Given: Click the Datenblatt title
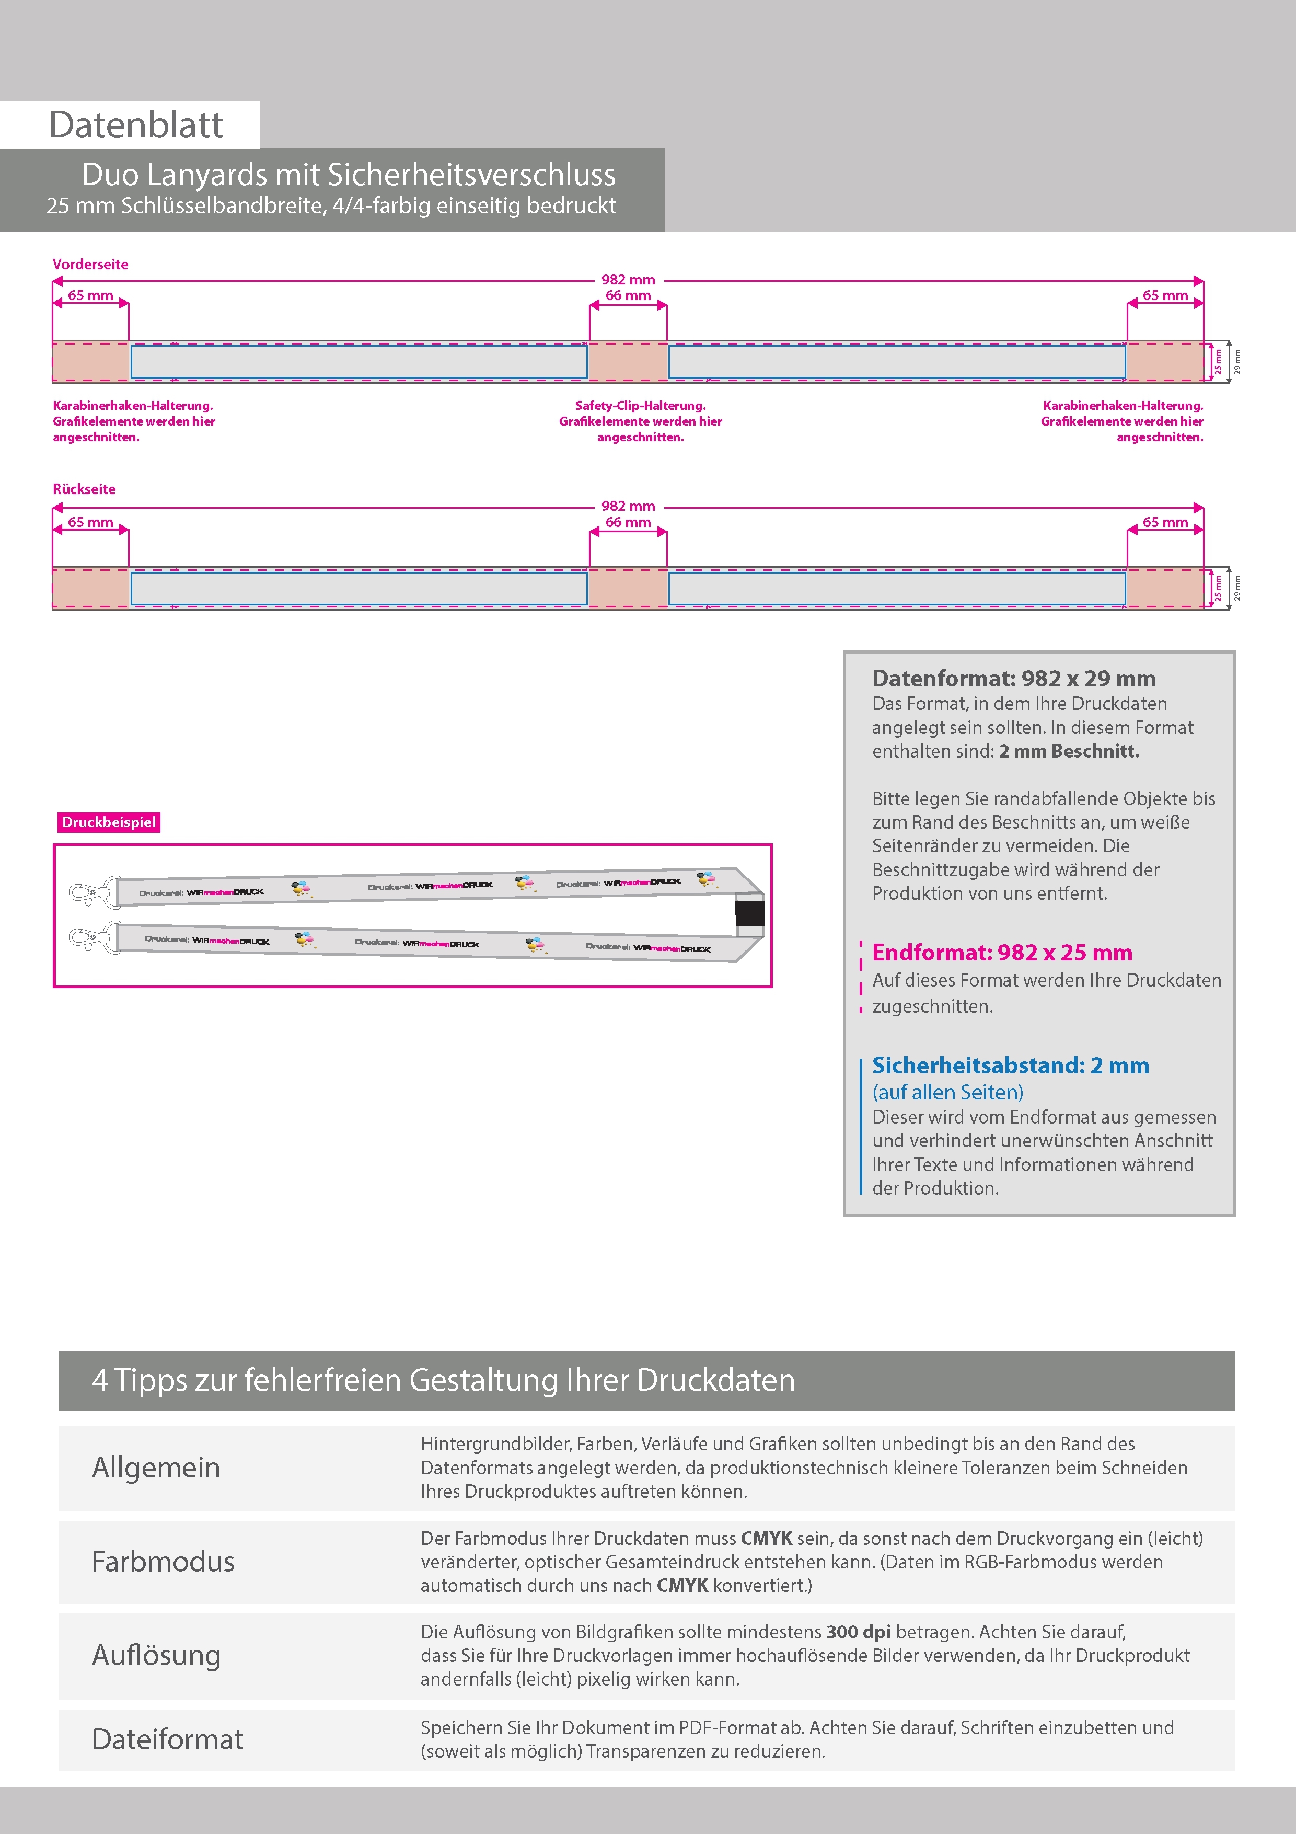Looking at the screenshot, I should pos(136,125).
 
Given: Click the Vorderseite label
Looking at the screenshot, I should pos(90,265).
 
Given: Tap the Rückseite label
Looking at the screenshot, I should pos(84,489).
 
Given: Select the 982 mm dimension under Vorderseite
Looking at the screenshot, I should pos(628,280).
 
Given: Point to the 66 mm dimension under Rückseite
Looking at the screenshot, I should pos(628,522).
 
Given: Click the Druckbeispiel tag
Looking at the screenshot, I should pos(109,822).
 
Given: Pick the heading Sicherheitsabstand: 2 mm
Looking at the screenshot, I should pos(1010,1065).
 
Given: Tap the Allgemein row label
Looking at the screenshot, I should pos(156,1468).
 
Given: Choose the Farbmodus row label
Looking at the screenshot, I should pos(163,1562).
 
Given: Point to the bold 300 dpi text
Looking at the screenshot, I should pos(859,1632).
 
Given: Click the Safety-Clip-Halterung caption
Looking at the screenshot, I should pos(640,406).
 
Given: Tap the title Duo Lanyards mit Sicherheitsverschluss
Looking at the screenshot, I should pos(349,175).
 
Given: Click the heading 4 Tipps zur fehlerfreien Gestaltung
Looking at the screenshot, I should pos(443,1380).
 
